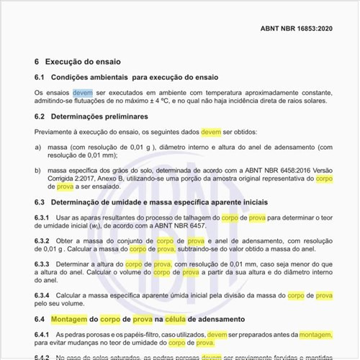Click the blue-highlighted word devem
[83, 93]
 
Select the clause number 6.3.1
[42, 217]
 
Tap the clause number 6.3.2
[42, 240]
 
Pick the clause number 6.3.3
[42, 264]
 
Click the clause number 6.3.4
[42, 295]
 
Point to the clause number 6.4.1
[42, 335]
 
